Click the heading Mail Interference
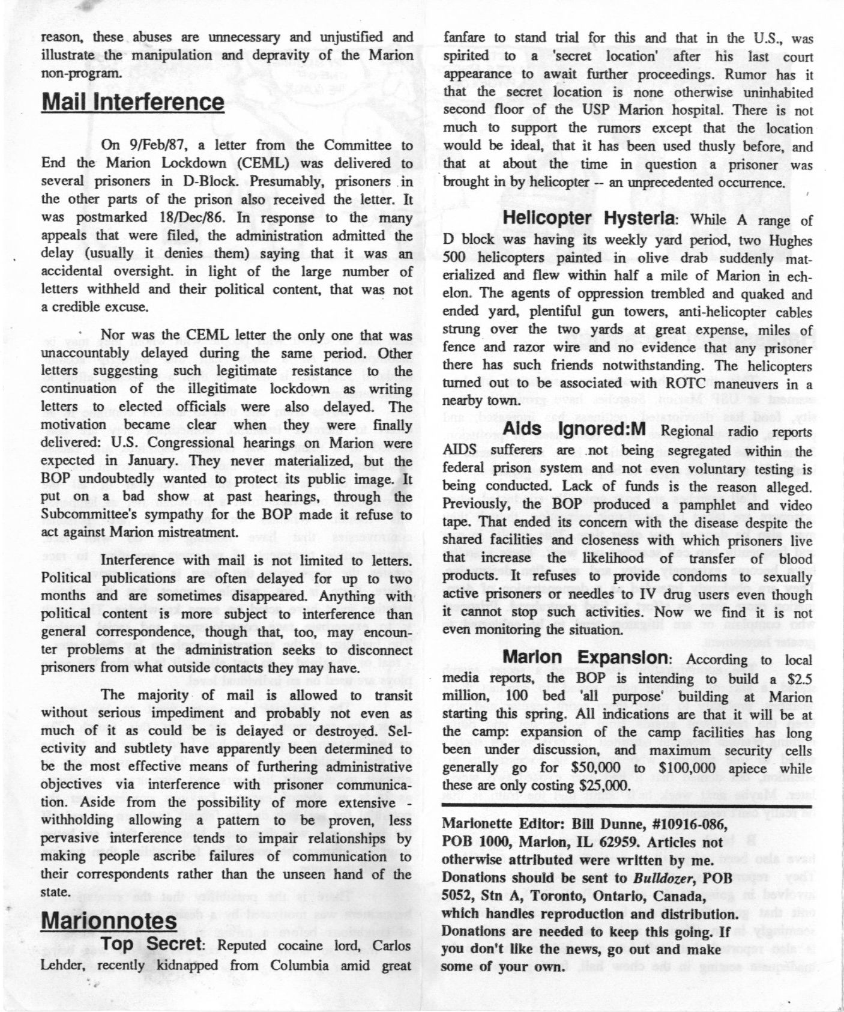(x=133, y=102)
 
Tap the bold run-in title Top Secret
(x=149, y=945)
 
